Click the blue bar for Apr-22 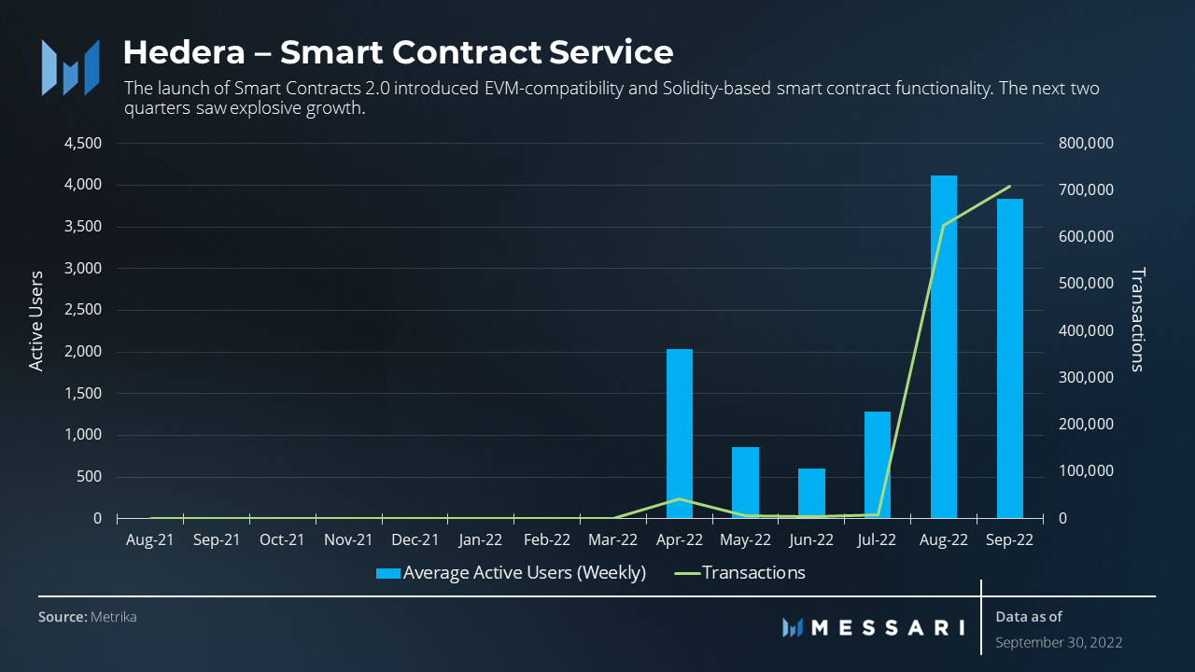(x=680, y=433)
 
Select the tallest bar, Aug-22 (x=944, y=346)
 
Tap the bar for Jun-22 (x=811, y=493)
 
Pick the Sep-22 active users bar (x=1009, y=358)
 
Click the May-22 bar (x=745, y=483)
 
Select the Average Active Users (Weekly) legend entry (x=524, y=572)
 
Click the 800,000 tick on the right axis (x=1088, y=144)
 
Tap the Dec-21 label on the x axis (x=415, y=539)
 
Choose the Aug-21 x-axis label (x=149, y=539)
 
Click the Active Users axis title (x=36, y=321)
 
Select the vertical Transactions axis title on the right (x=1136, y=319)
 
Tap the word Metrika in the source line (x=113, y=617)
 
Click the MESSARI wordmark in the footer (x=887, y=627)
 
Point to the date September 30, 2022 (x=1059, y=642)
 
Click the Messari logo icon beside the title (x=70, y=67)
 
